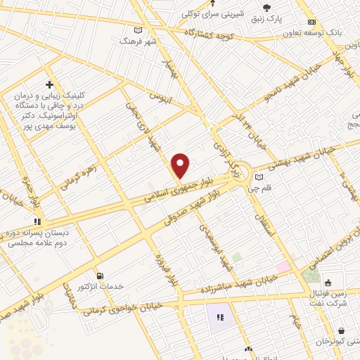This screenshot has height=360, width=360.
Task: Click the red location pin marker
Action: (181, 166)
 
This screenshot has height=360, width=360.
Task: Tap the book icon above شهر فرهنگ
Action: (138, 30)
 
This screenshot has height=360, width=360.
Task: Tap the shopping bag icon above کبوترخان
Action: (341, 330)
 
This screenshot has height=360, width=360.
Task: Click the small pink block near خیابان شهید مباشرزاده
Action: (283, 267)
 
